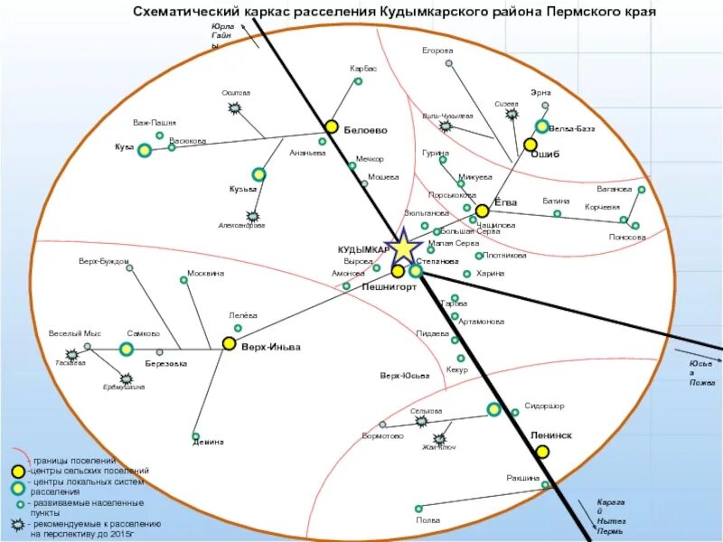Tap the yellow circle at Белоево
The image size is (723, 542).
coord(332,126)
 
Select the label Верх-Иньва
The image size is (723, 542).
coord(270,347)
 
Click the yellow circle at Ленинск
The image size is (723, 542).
coord(542,451)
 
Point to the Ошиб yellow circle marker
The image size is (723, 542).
coord(531,145)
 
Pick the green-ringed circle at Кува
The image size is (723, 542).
coord(145,150)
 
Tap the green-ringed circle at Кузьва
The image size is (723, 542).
coord(258,174)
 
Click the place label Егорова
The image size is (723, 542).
coord(437,51)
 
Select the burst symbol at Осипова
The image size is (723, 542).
coord(236,108)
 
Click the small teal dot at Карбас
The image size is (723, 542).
coord(358,81)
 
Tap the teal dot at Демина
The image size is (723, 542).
coord(196,436)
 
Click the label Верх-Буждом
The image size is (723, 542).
coord(104,262)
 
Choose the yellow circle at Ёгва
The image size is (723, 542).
coord(482,210)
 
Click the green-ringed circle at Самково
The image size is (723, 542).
coord(127,349)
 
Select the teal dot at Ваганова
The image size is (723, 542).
coord(642,190)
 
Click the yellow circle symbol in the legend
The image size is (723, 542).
coord(17,472)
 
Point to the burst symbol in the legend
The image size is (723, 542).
coord(17,525)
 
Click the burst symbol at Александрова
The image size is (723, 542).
coord(253,217)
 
